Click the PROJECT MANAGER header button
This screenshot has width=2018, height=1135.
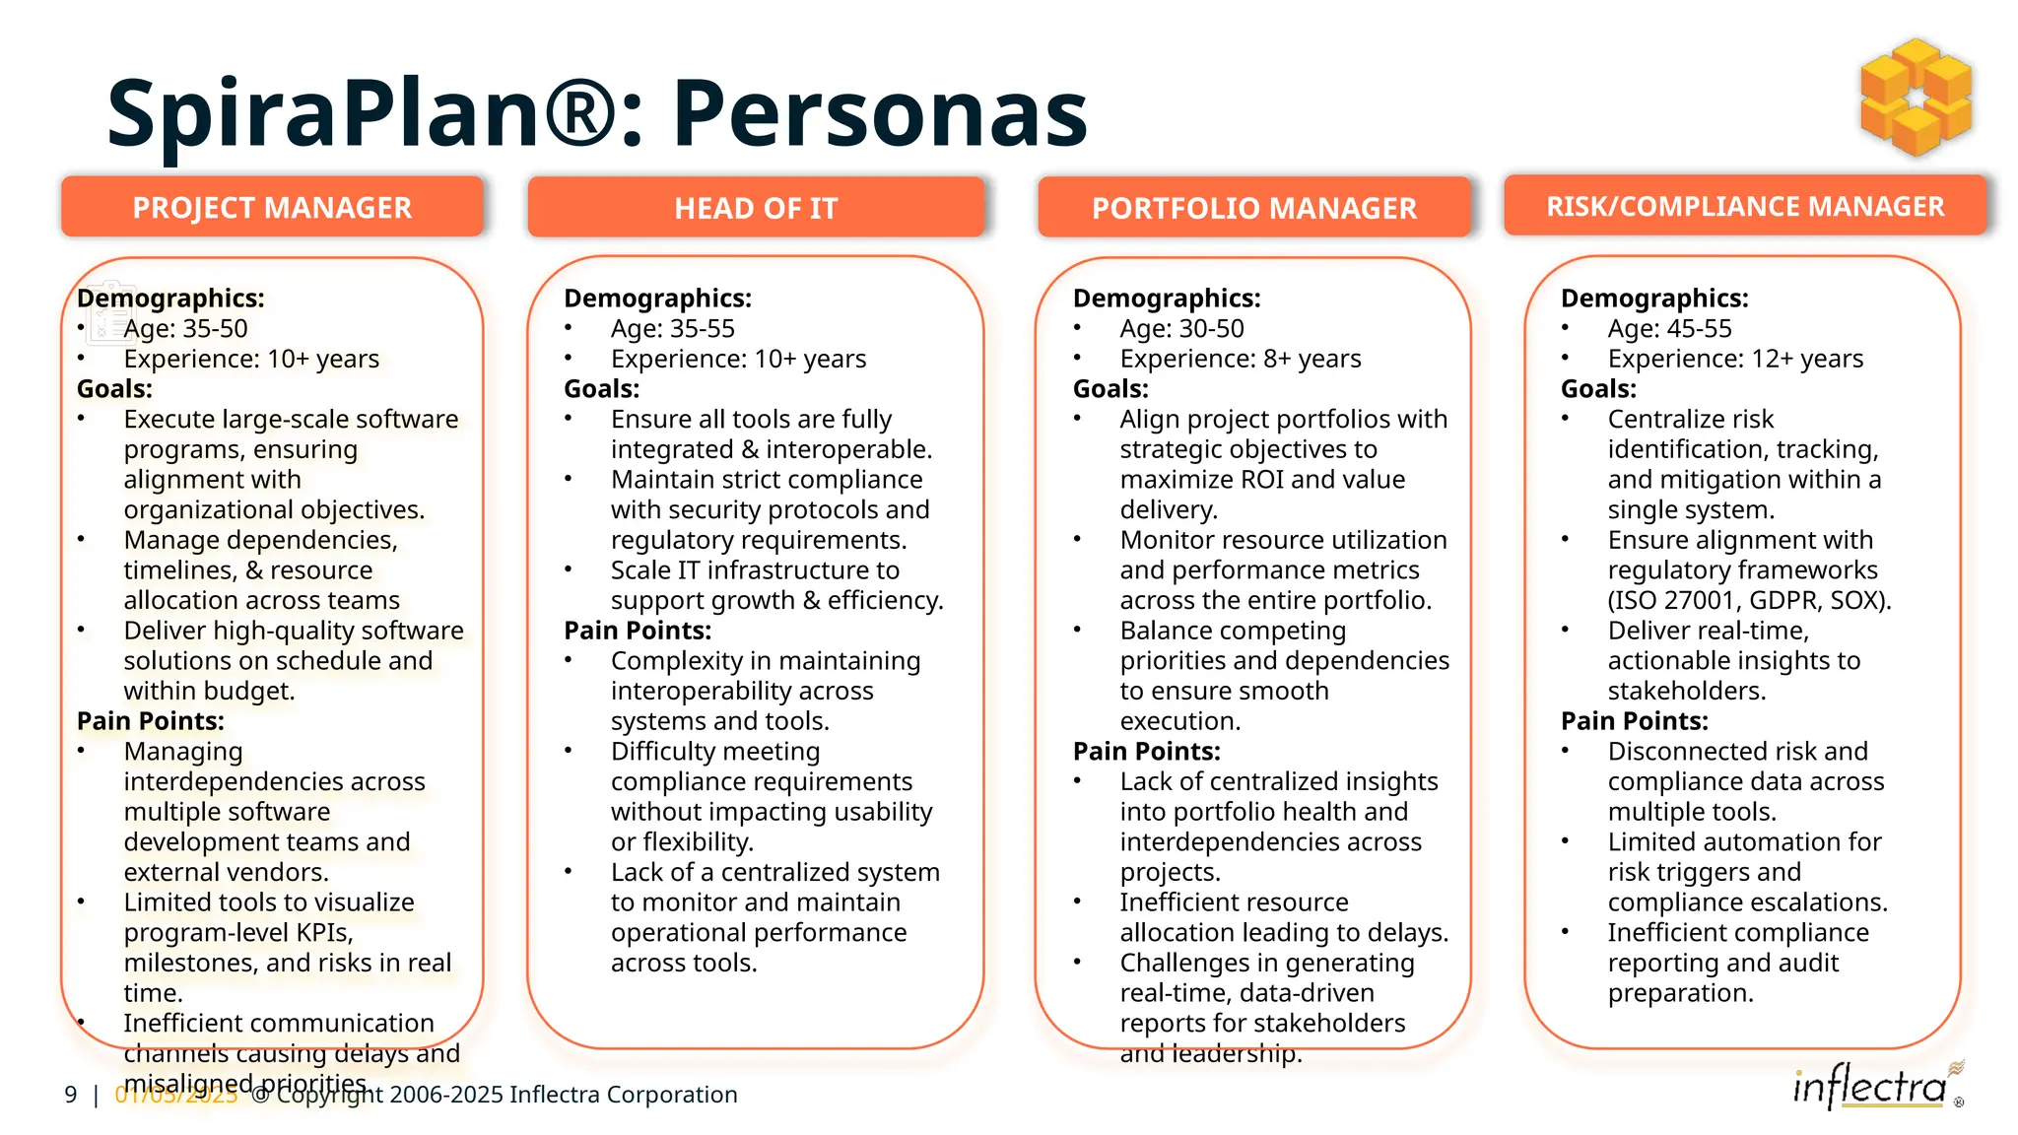pos(272,208)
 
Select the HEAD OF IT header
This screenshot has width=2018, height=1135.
pos(756,208)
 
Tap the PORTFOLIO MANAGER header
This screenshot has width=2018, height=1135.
pos(1253,208)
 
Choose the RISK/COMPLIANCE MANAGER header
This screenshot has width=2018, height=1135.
pos(1745,206)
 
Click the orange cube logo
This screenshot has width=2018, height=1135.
pos(1916,98)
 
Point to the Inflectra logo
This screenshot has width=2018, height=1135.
pos(1871,1088)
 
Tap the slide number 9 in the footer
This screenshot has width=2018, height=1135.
pos(71,1095)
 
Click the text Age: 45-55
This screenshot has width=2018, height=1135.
pos(1669,328)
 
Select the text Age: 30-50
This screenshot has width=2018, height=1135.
pos(1181,328)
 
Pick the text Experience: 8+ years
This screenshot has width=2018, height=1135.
pos(1240,359)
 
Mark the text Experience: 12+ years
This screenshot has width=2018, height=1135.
pos(1735,359)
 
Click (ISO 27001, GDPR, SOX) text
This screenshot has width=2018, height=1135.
pos(1749,600)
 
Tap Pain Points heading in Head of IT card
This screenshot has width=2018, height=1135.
pos(638,631)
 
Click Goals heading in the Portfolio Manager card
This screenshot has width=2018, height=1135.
pos(1110,389)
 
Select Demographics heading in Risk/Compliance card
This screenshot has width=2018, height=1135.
pos(1654,299)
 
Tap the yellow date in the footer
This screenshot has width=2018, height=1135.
pos(176,1095)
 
